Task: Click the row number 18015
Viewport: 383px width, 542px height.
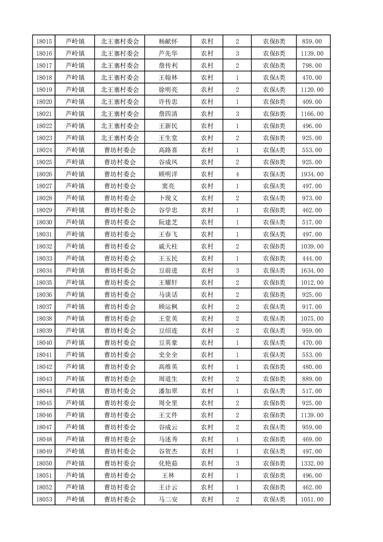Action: coord(44,42)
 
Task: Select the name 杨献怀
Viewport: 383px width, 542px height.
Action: coord(168,42)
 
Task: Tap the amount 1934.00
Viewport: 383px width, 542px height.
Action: coord(312,174)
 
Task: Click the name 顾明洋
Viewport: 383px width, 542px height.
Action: coord(168,174)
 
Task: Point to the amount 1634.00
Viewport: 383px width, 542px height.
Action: coord(312,271)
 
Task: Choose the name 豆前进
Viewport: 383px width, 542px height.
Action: coord(168,271)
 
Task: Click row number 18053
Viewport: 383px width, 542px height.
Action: coord(44,499)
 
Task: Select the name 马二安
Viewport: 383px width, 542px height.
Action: coord(168,499)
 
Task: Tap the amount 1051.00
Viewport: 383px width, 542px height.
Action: coord(312,499)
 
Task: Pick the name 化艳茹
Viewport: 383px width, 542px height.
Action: coord(168,463)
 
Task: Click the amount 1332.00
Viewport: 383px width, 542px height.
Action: coord(312,463)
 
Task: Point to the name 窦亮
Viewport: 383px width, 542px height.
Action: coord(168,186)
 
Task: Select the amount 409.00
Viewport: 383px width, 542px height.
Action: coord(312,102)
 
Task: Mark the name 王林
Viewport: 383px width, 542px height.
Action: coord(168,475)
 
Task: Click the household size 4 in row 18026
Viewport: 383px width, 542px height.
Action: coord(237,174)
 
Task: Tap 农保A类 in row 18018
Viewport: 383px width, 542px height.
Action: coord(274,78)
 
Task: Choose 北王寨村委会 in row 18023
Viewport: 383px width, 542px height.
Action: coord(120,138)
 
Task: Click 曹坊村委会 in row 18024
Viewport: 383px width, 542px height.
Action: coord(120,150)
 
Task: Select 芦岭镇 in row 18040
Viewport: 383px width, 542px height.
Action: coord(75,343)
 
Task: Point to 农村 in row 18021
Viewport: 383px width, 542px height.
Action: coord(207,114)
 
